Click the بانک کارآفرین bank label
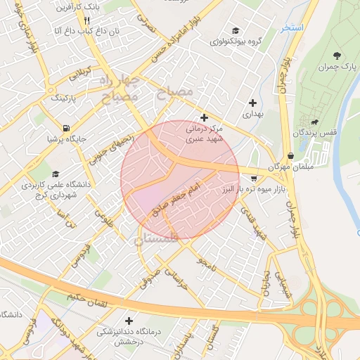tap(80, 6)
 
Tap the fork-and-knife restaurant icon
tap(86, 20)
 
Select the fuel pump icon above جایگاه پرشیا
tap(66, 129)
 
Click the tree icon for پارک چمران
tap(340, 55)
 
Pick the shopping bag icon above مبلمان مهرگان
tap(290, 156)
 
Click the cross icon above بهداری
tap(252, 103)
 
